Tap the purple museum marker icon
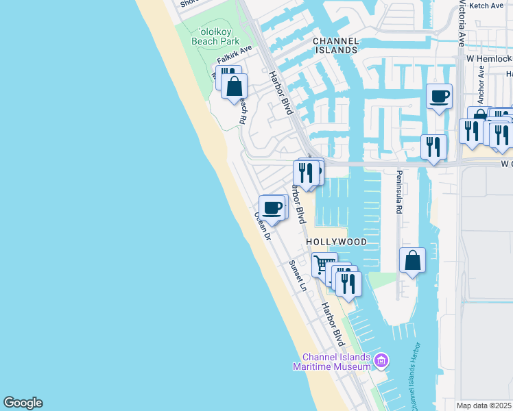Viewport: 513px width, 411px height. [x=381, y=360]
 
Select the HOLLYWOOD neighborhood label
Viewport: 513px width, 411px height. [x=336, y=242]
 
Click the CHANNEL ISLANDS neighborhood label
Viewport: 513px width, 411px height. [x=335, y=45]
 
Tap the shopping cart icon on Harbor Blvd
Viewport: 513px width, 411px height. [x=324, y=264]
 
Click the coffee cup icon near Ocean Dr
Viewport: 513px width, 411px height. [x=272, y=208]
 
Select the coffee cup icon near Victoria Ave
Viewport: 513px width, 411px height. [x=438, y=96]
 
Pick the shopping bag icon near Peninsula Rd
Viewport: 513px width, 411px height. [x=412, y=260]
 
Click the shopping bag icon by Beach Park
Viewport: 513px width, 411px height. [x=235, y=86]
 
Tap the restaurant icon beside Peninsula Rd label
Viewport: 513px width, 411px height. [x=433, y=147]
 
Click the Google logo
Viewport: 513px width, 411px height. [x=23, y=403]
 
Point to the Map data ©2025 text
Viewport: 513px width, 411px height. [x=484, y=406]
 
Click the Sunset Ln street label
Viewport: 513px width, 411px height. [x=297, y=275]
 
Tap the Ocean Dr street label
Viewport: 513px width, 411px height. [x=263, y=225]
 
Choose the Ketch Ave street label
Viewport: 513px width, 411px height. [x=487, y=5]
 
